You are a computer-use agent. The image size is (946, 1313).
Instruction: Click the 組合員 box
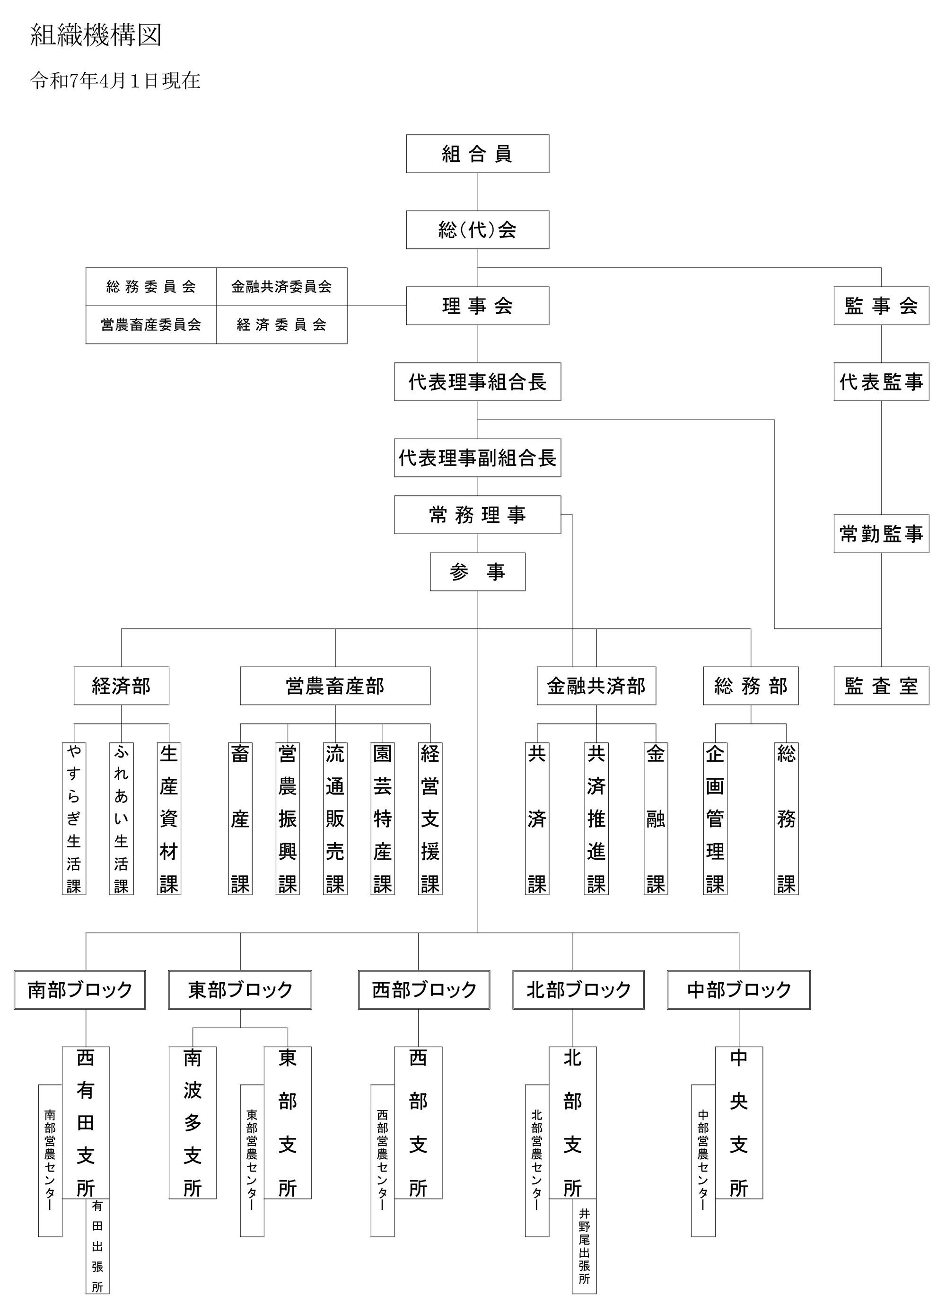[477, 154]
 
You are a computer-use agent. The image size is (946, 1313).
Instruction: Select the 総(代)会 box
[477, 230]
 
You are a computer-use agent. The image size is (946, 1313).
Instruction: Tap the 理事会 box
[477, 306]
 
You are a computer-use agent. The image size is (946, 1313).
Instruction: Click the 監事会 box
[881, 306]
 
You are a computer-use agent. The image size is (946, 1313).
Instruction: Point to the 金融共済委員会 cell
[282, 287]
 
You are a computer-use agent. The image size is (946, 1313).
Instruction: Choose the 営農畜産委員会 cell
[151, 325]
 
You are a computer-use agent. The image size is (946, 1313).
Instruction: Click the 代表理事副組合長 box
[477, 458]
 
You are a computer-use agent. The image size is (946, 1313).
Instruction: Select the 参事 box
[477, 572]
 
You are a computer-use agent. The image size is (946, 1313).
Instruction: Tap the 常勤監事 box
[881, 534]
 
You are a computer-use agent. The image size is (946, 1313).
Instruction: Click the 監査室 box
[881, 686]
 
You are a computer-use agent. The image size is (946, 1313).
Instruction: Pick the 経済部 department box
[122, 686]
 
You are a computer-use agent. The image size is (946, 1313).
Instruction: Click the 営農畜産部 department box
[335, 686]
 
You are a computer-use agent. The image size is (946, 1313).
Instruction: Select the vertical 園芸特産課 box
[383, 819]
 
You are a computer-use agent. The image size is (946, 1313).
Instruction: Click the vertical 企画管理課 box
[715, 819]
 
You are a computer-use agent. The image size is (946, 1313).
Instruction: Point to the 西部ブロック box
[424, 990]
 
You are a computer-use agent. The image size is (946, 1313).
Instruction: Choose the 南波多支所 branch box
[193, 1122]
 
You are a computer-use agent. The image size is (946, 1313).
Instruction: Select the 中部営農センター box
[703, 1160]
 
